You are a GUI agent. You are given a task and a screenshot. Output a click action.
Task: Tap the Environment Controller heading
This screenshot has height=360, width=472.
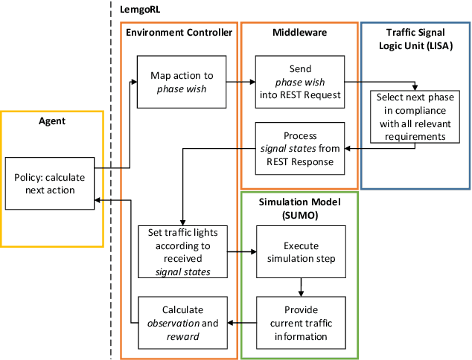(179, 32)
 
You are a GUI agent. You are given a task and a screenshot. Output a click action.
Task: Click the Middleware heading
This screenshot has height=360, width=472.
(299, 32)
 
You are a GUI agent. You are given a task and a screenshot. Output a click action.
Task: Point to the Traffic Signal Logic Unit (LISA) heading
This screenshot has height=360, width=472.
(415, 39)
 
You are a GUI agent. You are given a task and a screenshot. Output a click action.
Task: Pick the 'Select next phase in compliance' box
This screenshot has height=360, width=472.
(414, 115)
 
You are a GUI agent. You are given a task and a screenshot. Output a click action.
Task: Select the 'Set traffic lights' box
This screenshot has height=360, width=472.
(182, 251)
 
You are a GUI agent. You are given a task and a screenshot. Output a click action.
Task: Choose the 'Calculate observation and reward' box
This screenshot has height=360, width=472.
(182, 322)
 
